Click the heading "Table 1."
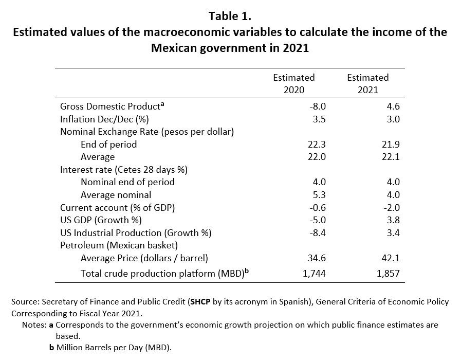click(x=230, y=15)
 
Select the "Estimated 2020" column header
click(x=293, y=83)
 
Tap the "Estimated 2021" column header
click(x=367, y=83)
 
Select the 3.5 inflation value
click(x=320, y=119)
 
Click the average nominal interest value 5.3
click(x=320, y=194)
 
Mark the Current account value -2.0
click(x=391, y=207)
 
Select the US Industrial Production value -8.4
click(x=317, y=232)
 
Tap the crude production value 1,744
click(x=314, y=273)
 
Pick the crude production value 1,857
click(x=388, y=273)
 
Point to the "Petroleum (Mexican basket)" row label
click(x=119, y=245)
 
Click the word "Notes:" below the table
click(x=34, y=325)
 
